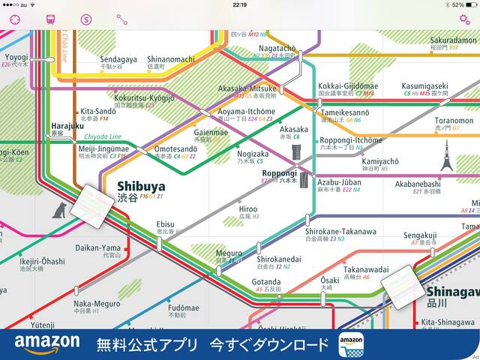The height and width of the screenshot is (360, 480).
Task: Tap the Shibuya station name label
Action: (140, 186)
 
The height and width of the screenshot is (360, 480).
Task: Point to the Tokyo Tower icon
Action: (447, 155)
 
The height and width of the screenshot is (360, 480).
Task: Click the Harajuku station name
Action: (67, 126)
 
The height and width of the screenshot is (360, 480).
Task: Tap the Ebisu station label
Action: (165, 223)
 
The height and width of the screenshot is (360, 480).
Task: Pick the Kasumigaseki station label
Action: (424, 86)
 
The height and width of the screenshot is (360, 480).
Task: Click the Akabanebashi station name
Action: (438, 183)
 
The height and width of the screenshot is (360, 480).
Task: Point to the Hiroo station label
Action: (247, 209)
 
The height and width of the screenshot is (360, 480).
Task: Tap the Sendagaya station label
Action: (118, 58)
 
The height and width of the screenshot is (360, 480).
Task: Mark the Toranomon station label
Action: (454, 120)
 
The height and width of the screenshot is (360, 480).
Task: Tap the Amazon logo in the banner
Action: (46, 343)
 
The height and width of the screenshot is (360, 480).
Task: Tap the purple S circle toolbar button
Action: (86, 19)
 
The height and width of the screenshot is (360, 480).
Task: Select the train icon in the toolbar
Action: (51, 19)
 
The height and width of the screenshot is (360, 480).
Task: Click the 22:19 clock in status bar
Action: (240, 4)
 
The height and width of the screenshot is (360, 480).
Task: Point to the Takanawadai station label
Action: (366, 269)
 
